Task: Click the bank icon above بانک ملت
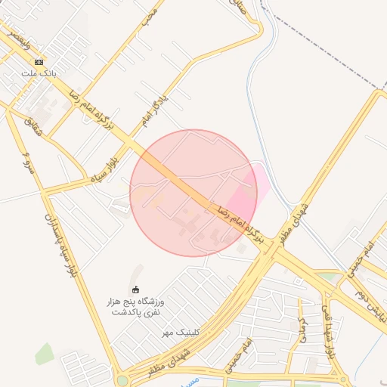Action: click(x=39, y=62)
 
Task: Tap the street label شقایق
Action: click(x=35, y=126)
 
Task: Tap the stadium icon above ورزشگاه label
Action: click(x=136, y=289)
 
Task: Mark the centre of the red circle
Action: click(x=193, y=193)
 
